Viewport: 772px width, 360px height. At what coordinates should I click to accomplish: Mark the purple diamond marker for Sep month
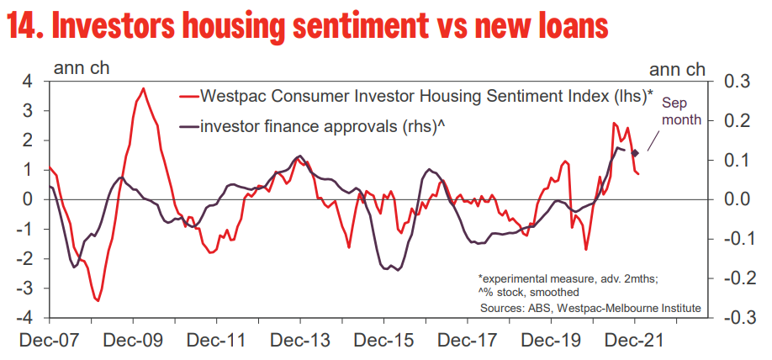(x=636, y=152)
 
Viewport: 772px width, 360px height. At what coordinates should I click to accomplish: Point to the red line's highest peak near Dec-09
(x=144, y=88)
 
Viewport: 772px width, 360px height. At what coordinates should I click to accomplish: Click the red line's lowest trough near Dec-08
(x=98, y=300)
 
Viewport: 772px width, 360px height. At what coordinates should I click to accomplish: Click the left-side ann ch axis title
(x=81, y=67)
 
